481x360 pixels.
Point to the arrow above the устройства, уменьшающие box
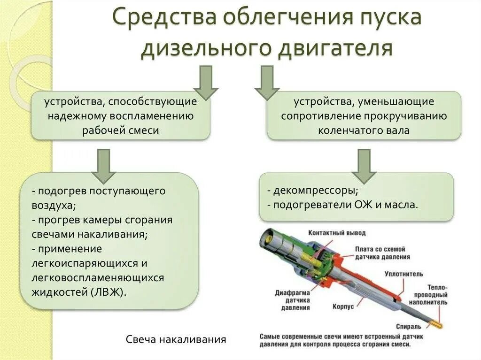click(x=267, y=82)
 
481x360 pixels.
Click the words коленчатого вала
click(x=364, y=130)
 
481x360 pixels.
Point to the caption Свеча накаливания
click(x=176, y=339)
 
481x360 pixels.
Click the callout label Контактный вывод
click(x=337, y=233)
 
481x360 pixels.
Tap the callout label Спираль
click(x=405, y=326)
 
